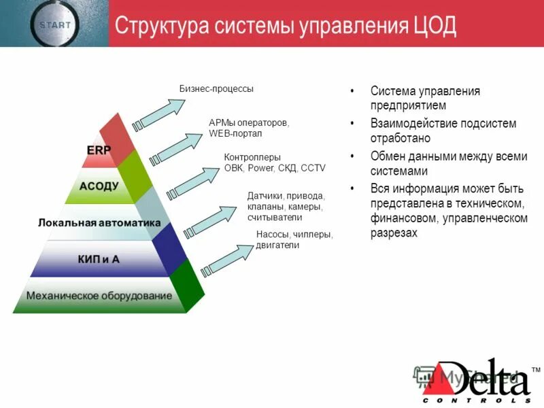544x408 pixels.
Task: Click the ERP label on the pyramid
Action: point(99,150)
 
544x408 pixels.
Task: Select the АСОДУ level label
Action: point(99,185)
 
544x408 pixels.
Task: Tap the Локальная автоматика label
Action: point(99,222)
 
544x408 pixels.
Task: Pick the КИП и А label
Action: point(99,258)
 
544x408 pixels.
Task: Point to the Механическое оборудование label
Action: point(99,296)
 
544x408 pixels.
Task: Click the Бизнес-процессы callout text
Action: point(216,88)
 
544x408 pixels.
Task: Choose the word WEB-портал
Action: point(235,133)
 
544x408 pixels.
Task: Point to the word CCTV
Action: point(313,167)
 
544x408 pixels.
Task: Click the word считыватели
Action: point(275,217)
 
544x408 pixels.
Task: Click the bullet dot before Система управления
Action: point(352,91)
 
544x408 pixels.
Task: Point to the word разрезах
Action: point(394,233)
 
